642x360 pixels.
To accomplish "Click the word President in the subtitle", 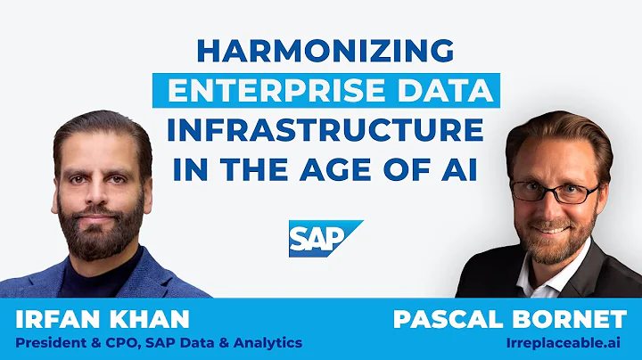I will tap(49, 341).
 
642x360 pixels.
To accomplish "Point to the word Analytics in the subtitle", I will tap(267, 341).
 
